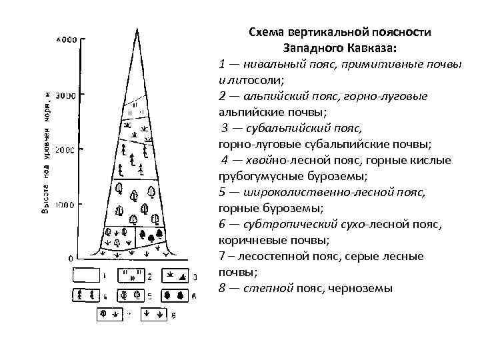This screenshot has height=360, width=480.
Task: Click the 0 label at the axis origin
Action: (x=71, y=258)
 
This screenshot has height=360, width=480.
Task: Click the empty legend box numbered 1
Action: (x=87, y=275)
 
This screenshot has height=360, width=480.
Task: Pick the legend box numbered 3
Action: (x=174, y=275)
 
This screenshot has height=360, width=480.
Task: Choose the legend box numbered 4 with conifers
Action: (x=87, y=295)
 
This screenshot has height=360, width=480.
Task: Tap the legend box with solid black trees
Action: (x=174, y=295)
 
